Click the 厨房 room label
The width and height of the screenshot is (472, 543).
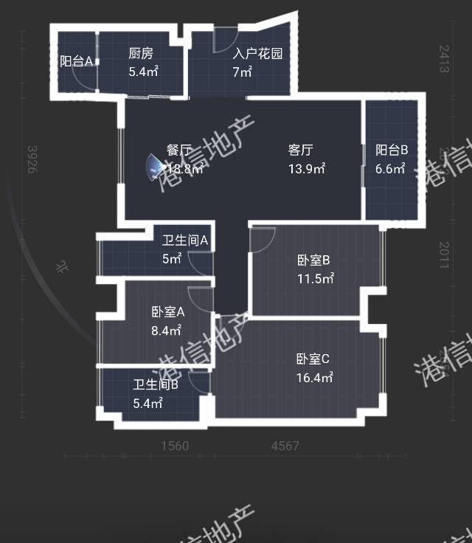tap(140, 53)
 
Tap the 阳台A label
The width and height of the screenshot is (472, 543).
tap(76, 61)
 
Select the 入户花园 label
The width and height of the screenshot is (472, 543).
tap(258, 53)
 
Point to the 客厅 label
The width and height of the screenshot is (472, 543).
tap(300, 151)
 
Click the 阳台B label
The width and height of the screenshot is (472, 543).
tap(392, 151)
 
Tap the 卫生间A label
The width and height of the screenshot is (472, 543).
tap(185, 240)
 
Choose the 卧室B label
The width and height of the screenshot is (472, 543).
tap(313, 260)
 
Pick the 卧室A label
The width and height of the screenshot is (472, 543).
tap(167, 312)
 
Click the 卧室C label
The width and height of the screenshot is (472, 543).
tap(313, 359)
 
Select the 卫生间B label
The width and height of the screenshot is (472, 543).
tap(156, 384)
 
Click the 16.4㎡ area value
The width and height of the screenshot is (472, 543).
tap(315, 378)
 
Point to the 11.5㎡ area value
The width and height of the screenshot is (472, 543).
tap(316, 279)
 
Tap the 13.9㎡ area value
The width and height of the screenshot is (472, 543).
tap(307, 169)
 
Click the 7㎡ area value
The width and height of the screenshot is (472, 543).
tap(243, 72)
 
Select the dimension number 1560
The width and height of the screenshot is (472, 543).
tap(174, 446)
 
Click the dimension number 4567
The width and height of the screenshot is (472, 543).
tap(285, 446)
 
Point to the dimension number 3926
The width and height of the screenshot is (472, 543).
tap(32, 159)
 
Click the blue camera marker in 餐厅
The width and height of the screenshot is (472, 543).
tap(155, 167)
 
